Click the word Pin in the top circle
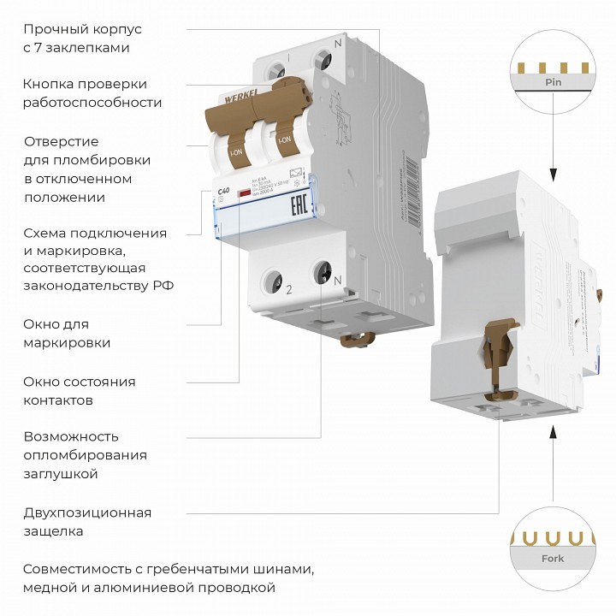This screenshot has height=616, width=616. click(552, 83)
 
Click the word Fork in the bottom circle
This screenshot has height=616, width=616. click(552, 560)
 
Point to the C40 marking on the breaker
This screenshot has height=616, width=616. click(225, 190)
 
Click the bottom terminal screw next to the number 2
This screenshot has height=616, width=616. click(275, 280)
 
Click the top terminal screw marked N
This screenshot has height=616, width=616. click(323, 60)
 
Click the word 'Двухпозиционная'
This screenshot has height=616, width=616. click(87, 512)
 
